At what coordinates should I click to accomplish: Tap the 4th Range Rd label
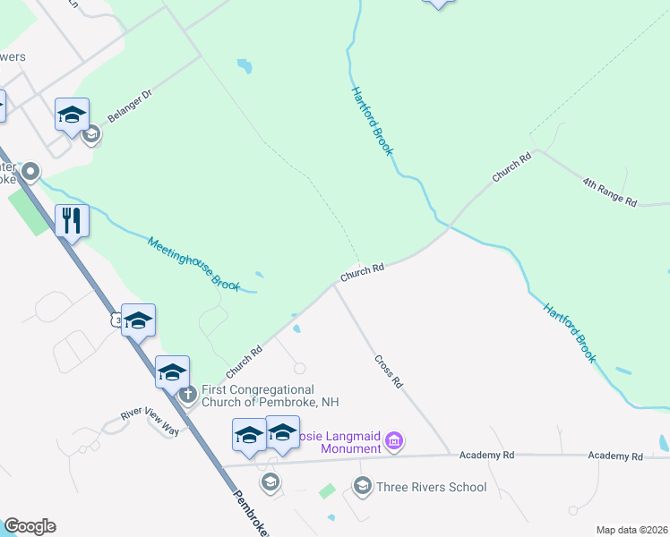(609, 192)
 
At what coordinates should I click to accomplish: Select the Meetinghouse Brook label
(194, 263)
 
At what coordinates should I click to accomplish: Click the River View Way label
(150, 422)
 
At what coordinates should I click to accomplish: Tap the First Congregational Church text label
(258, 396)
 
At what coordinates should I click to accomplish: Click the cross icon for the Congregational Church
(187, 395)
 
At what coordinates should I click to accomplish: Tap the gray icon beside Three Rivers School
(362, 487)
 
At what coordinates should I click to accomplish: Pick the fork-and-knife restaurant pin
(72, 219)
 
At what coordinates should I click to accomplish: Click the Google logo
(30, 526)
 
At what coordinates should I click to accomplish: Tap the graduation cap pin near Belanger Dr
(72, 115)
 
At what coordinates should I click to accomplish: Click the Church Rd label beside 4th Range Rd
(511, 167)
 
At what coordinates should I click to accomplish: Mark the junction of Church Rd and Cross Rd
(335, 286)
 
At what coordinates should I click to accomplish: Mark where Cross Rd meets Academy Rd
(451, 455)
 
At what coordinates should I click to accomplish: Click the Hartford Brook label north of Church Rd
(371, 121)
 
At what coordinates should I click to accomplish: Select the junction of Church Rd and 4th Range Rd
(536, 149)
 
